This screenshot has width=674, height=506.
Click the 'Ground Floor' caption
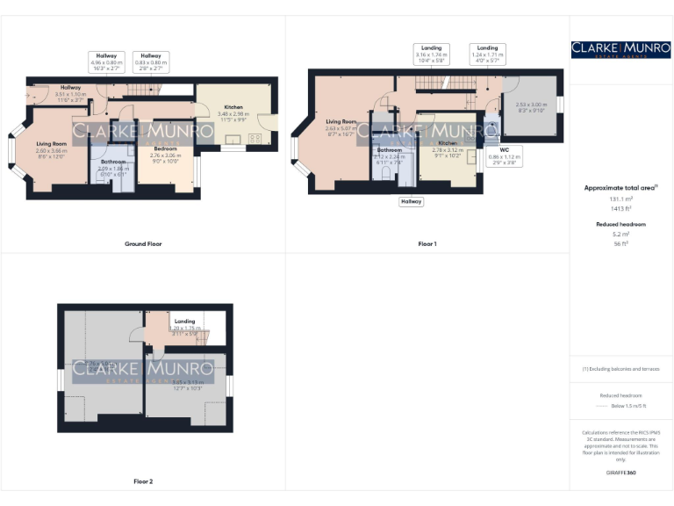click(x=143, y=243)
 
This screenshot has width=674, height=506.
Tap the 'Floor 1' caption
click(x=427, y=243)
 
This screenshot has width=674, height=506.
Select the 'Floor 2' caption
click(x=143, y=481)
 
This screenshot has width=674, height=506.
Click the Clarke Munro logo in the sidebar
click(x=621, y=50)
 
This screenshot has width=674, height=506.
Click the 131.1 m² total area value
click(x=621, y=199)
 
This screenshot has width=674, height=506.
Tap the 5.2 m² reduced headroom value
click(x=621, y=235)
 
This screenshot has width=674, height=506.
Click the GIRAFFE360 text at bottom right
click(x=621, y=473)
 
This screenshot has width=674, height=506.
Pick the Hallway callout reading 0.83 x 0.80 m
click(x=151, y=61)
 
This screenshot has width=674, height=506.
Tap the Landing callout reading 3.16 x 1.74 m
click(x=431, y=54)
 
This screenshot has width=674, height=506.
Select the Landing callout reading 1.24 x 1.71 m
click(x=487, y=54)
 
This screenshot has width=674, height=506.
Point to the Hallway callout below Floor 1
click(x=411, y=201)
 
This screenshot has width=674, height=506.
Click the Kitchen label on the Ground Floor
click(x=234, y=107)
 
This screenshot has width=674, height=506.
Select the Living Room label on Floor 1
click(x=341, y=122)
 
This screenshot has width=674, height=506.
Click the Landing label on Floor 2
click(x=184, y=322)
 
